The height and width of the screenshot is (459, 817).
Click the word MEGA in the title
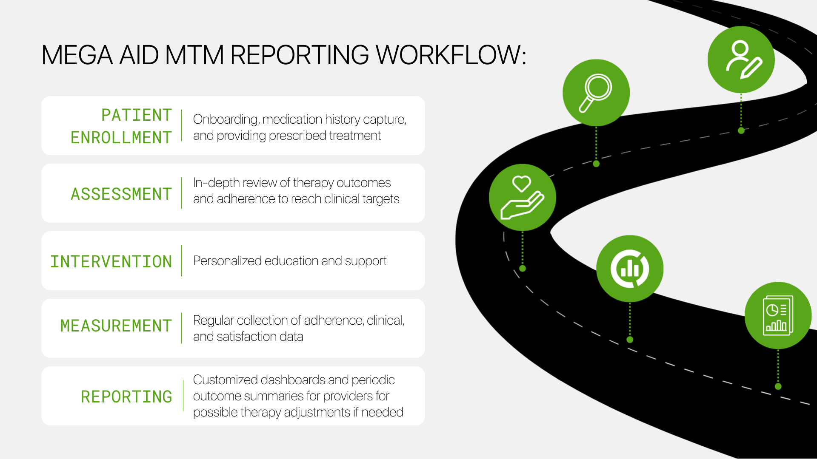(x=77, y=55)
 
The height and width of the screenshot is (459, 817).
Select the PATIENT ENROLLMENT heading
(x=121, y=126)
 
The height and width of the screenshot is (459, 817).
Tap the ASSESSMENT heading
(x=121, y=194)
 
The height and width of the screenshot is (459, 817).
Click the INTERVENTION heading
(x=111, y=262)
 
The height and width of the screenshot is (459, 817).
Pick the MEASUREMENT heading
(x=116, y=326)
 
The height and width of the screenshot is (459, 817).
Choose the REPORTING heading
(x=126, y=397)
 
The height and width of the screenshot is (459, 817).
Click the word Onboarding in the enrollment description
(x=225, y=119)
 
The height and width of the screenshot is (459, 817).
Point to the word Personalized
(x=227, y=261)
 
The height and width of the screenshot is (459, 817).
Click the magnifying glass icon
(x=596, y=93)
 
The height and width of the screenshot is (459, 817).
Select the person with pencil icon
(x=741, y=59)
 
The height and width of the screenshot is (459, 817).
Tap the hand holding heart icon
(x=522, y=198)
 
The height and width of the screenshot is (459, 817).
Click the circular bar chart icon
(x=630, y=269)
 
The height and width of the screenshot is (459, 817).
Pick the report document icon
(x=778, y=315)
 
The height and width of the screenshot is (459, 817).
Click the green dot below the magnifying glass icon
(x=596, y=164)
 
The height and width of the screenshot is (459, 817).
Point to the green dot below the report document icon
(x=778, y=386)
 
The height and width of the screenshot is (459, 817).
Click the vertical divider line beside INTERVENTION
(x=182, y=261)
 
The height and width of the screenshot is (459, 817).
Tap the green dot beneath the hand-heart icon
(x=523, y=269)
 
